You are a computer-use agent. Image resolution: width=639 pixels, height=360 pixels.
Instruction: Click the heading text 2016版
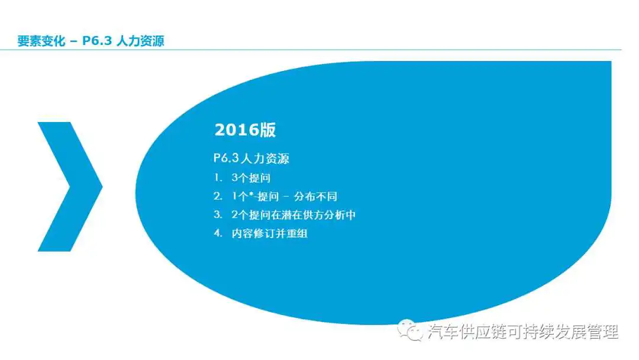tap(245, 130)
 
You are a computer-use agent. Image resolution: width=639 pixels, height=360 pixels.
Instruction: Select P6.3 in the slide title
tap(97, 41)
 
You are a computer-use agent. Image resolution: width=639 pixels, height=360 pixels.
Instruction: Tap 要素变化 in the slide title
tap(41, 41)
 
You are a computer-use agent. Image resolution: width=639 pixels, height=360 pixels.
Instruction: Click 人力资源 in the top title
tap(140, 41)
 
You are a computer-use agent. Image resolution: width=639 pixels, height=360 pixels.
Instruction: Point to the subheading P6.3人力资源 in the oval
tap(251, 158)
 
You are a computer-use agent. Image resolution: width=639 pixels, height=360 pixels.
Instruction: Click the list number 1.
tap(218, 178)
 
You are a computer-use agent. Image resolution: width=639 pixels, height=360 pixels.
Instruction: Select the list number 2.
tap(218, 196)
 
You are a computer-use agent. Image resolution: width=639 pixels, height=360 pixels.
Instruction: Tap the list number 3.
tap(218, 214)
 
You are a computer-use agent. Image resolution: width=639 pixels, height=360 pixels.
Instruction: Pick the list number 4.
tap(218, 233)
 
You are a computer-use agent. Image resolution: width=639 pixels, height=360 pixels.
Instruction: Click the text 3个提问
tap(251, 178)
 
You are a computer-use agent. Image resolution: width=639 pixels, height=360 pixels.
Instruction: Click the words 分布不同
tap(315, 197)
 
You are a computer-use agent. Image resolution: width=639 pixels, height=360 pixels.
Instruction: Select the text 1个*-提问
tap(255, 197)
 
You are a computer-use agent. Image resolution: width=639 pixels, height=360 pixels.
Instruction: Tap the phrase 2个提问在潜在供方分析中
tap(293, 215)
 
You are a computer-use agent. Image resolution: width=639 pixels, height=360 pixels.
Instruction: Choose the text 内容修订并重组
tap(269, 234)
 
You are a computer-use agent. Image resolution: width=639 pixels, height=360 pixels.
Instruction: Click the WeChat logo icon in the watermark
tap(410, 330)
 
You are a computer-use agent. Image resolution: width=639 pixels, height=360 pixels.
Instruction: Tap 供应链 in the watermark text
tap(483, 332)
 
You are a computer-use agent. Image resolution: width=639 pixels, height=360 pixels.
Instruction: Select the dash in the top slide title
tap(74, 41)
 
